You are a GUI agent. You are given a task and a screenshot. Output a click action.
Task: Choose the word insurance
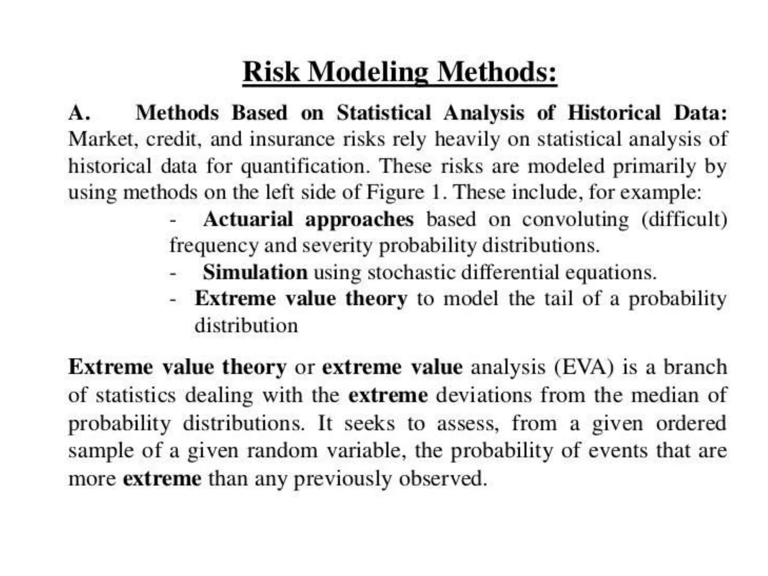coord(292,139)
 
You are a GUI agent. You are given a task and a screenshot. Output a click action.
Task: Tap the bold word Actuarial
coord(247,219)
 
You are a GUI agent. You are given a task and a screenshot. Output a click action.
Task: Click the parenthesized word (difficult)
coord(684,219)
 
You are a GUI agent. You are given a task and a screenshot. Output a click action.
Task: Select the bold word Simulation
coord(255,272)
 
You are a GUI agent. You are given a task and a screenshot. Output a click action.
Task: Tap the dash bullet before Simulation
coord(172,273)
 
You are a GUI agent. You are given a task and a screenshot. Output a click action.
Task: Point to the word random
coord(282,450)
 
